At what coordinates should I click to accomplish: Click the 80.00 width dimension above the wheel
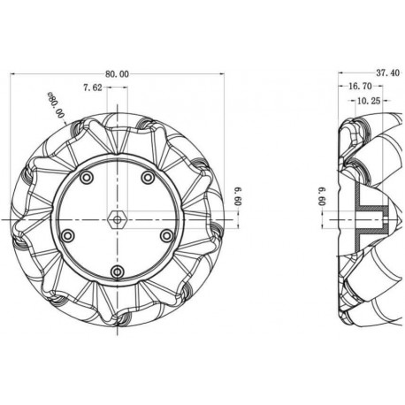coord(118,74)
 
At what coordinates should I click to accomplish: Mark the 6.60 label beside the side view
coord(324,196)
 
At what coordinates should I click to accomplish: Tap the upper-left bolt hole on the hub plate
coord(86,180)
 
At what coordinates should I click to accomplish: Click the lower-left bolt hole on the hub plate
coord(67,235)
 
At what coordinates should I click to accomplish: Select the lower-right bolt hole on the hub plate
coord(166,235)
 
